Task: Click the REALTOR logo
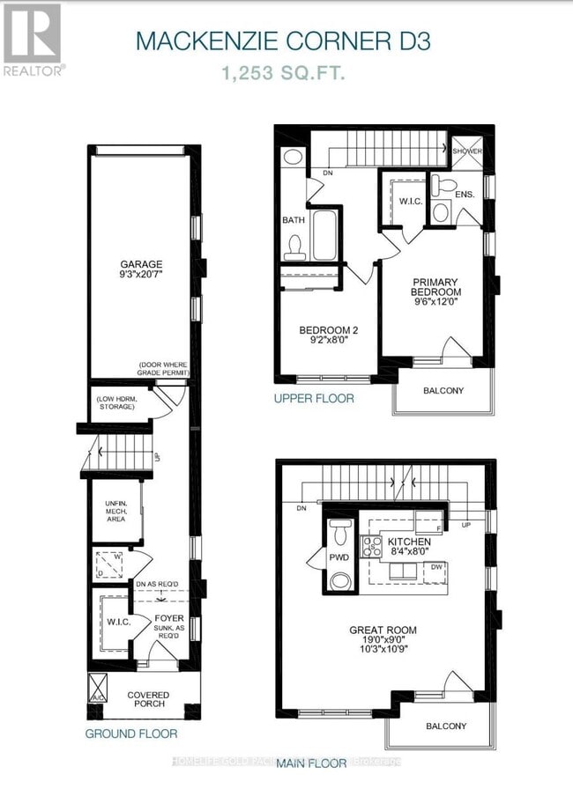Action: (x=32, y=39)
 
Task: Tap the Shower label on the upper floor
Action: (x=467, y=151)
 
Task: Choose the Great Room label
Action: (x=383, y=636)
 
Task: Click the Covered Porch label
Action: (x=147, y=701)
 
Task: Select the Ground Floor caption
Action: (x=130, y=734)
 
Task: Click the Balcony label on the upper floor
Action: (x=443, y=391)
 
